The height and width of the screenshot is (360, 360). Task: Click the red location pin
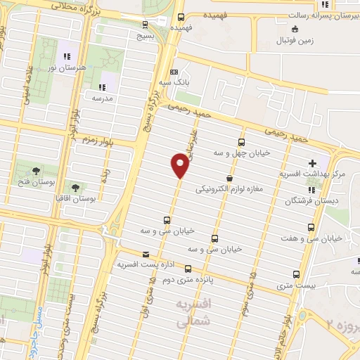181,165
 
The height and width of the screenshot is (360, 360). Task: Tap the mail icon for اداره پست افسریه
146,254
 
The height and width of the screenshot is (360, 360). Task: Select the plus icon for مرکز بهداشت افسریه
312,163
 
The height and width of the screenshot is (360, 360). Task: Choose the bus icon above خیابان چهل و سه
243,141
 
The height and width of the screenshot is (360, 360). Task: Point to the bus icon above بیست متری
296,274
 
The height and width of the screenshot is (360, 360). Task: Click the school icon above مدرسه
102,87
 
